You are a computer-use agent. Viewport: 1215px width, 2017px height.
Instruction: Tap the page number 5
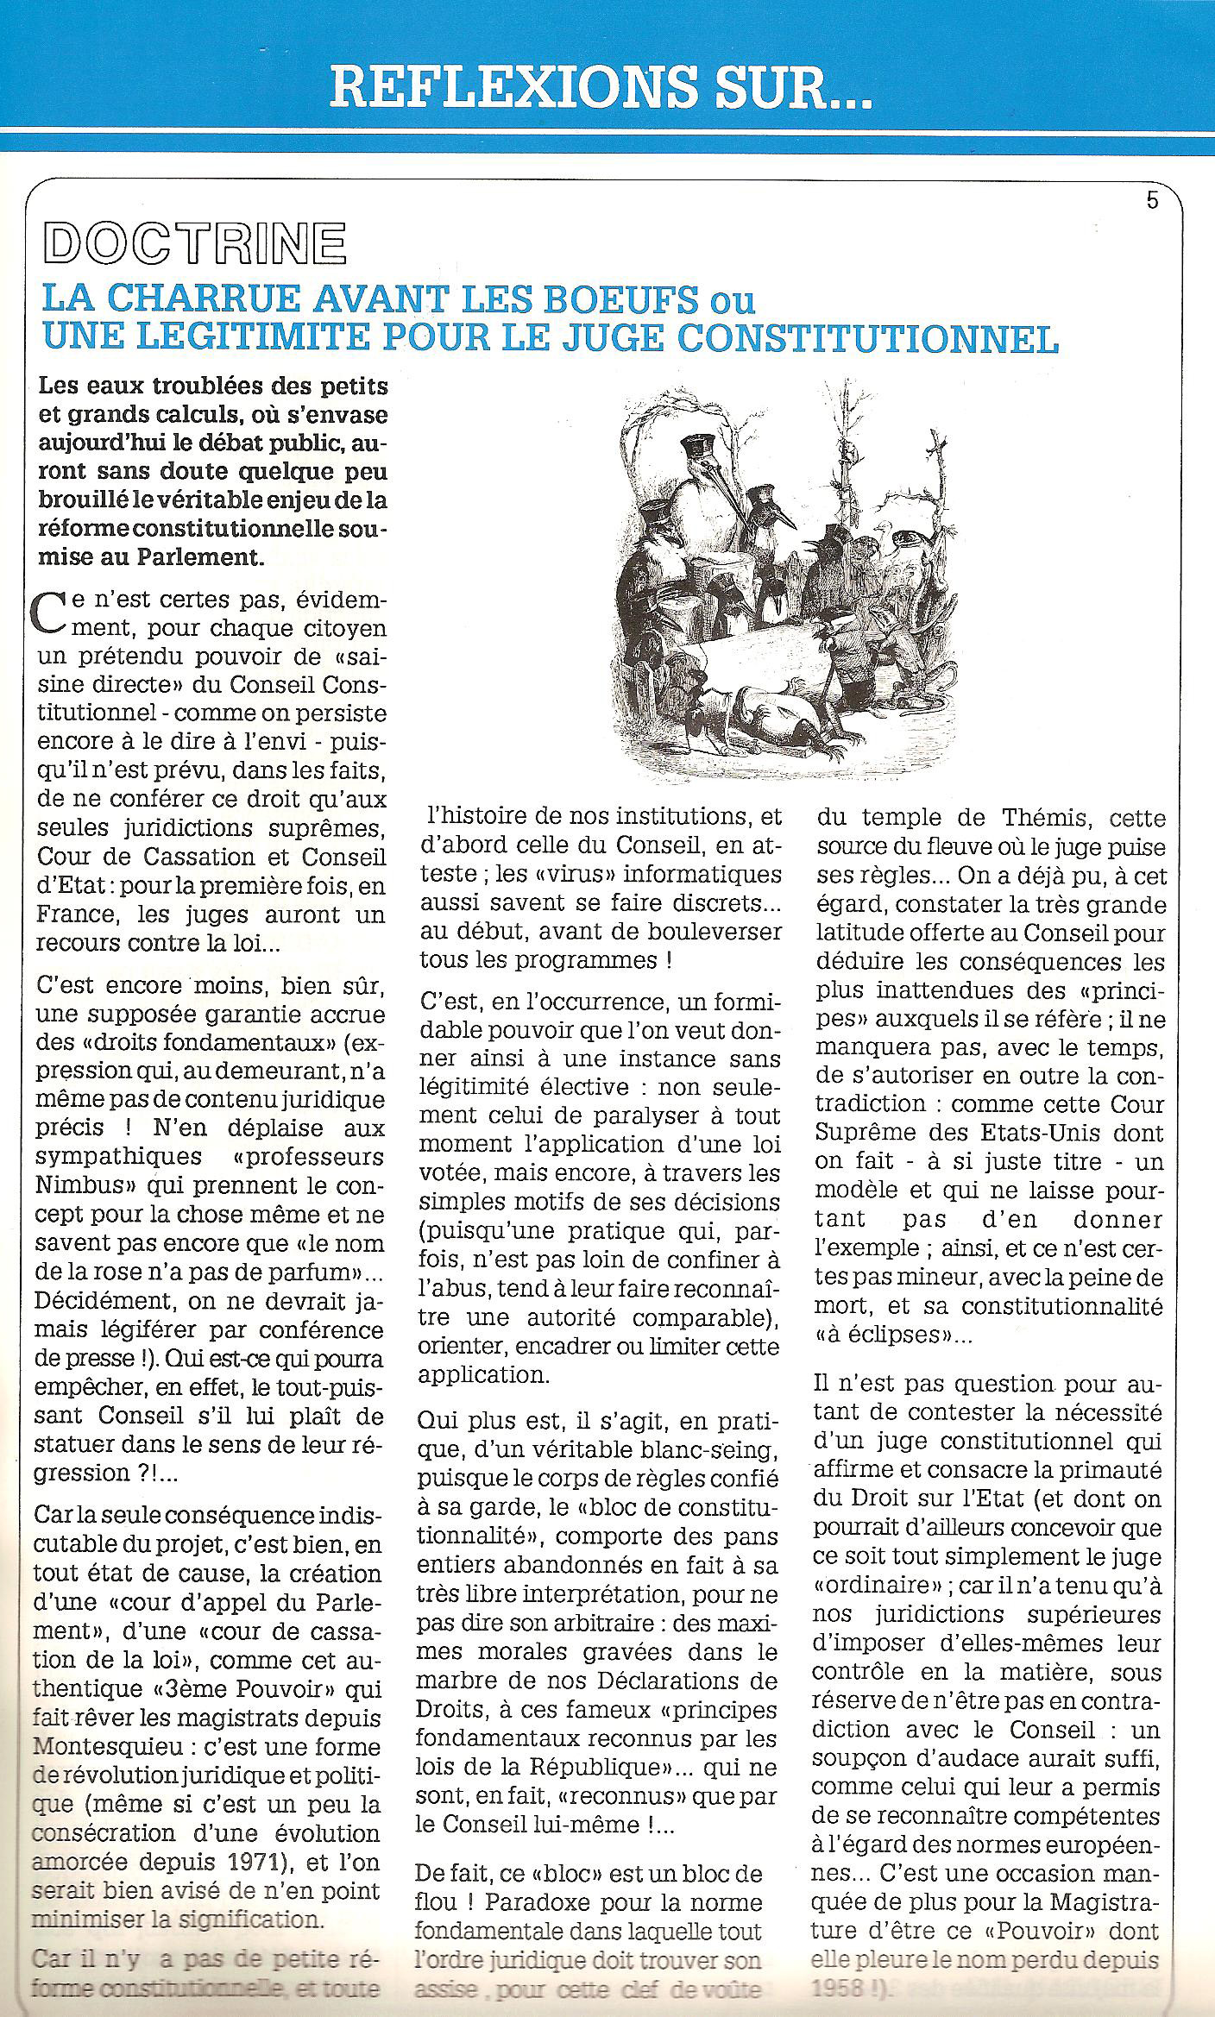pos(1152,202)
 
